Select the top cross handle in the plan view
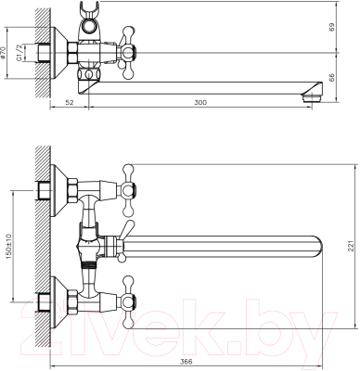click(x=124, y=182)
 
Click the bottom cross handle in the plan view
click(x=124, y=299)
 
